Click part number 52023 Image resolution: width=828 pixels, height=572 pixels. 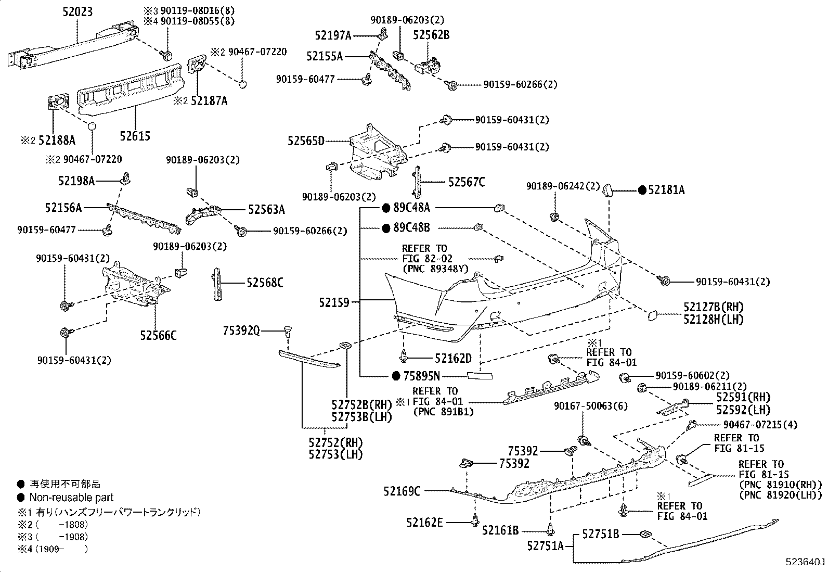77,12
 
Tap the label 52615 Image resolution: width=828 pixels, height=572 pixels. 135,136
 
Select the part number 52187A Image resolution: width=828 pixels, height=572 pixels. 209,100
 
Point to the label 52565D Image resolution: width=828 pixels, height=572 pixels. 306,141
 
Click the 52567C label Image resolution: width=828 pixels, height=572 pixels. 467,182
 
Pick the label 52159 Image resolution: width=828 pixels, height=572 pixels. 334,302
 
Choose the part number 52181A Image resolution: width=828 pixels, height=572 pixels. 666,190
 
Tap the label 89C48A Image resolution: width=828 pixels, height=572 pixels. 412,208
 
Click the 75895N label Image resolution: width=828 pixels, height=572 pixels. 422,376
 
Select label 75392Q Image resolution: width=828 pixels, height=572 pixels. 241,331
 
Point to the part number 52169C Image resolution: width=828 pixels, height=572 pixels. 402,491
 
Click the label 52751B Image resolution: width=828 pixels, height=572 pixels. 600,534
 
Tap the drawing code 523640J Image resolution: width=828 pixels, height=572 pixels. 805,562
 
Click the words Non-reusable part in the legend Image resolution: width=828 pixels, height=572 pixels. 71,497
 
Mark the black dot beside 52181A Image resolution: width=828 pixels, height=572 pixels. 642,190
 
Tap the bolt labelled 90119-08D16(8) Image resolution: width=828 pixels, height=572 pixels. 167,56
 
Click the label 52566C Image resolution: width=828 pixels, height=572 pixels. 158,336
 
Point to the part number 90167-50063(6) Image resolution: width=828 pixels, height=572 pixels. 591,406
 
